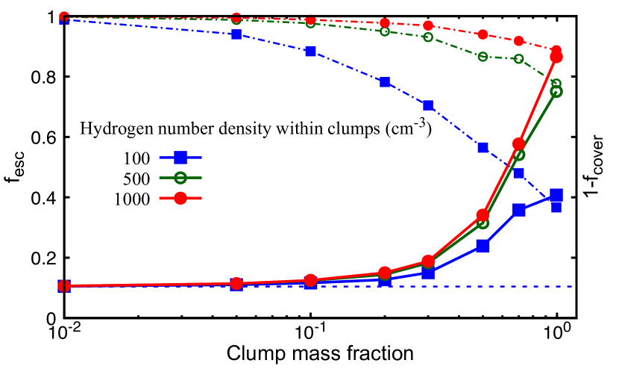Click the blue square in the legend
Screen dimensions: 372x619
[180, 158]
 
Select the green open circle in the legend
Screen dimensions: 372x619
[180, 178]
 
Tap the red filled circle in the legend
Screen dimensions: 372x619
[180, 198]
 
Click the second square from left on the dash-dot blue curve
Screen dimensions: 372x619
[236, 34]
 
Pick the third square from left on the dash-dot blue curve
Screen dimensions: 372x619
[311, 51]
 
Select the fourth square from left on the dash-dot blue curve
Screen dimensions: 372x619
[385, 82]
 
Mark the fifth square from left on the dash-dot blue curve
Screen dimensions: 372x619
[428, 105]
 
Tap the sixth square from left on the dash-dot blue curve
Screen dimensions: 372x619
[483, 147]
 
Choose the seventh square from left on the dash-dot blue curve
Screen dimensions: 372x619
[519, 173]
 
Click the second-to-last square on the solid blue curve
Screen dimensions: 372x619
[519, 210]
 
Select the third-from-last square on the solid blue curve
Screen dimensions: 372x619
[483, 245]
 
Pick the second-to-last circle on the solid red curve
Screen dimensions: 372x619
[519, 143]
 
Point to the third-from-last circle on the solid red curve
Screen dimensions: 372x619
[483, 215]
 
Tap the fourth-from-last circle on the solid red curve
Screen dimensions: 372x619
[428, 261]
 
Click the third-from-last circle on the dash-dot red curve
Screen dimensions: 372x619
[483, 34]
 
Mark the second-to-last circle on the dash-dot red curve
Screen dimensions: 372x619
[519, 40]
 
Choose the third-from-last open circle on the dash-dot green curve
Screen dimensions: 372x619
[483, 57]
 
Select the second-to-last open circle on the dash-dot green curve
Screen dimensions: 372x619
[519, 59]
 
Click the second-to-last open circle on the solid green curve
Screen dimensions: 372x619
[519, 155]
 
